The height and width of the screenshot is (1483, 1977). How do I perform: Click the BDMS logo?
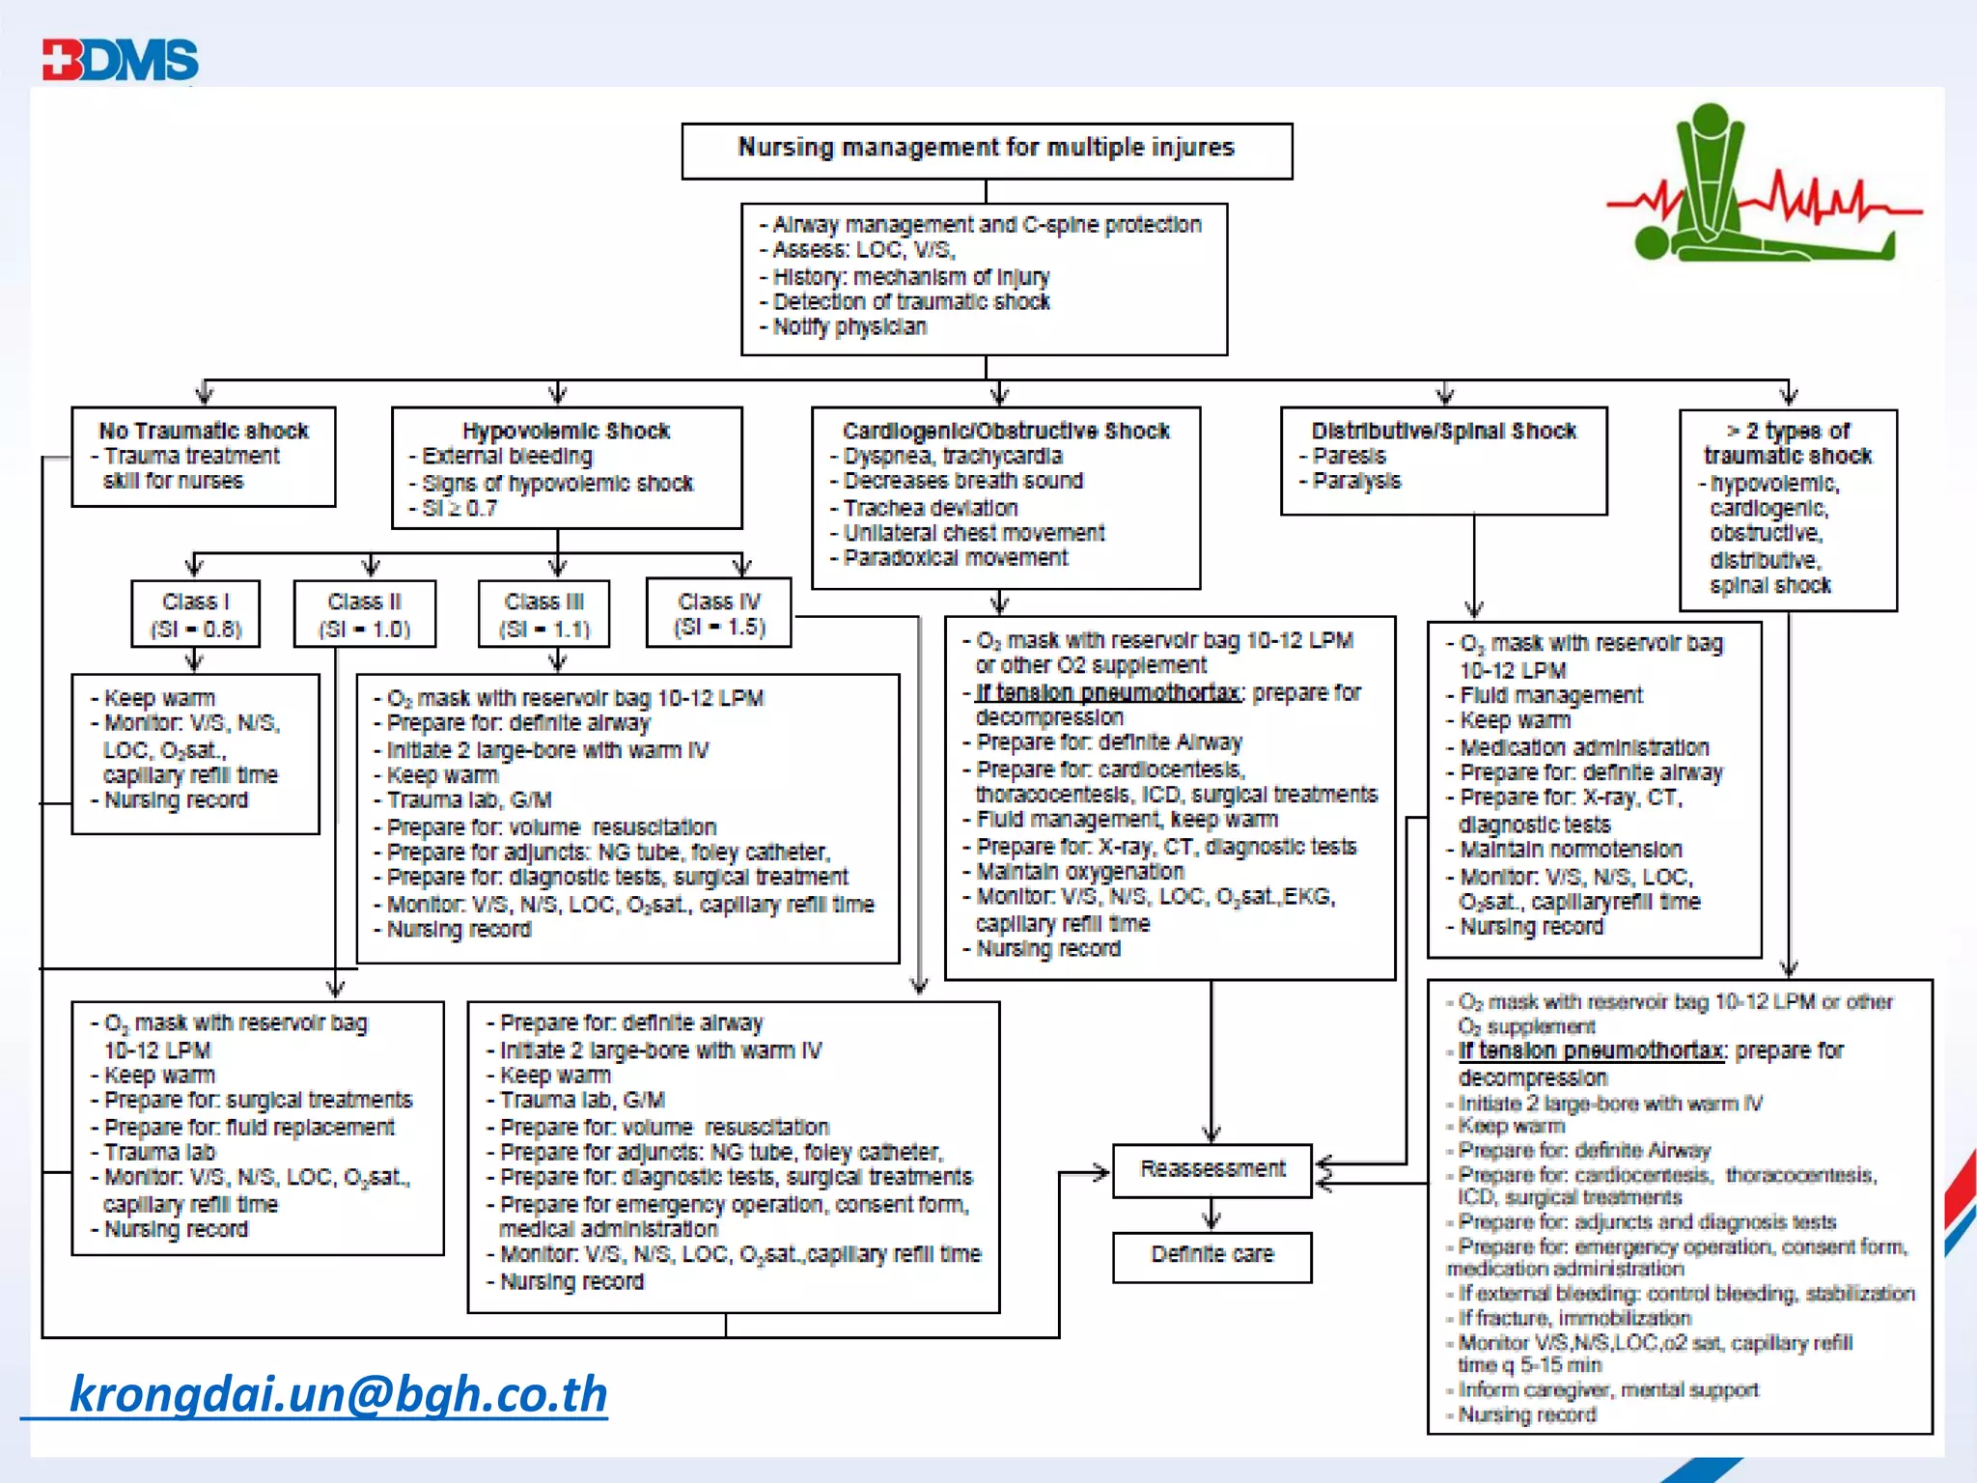tap(121, 60)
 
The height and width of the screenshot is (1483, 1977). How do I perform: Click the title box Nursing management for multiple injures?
tap(986, 150)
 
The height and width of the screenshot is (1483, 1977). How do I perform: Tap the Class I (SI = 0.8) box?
tap(195, 614)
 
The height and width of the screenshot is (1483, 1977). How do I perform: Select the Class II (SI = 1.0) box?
tap(364, 614)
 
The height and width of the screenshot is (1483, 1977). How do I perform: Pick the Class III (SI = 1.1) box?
tap(543, 614)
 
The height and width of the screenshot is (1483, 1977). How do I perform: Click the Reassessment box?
tap(1211, 1169)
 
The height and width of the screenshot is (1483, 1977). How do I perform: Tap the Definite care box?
tap(1211, 1255)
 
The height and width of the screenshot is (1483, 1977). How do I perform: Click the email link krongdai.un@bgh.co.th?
tap(338, 1394)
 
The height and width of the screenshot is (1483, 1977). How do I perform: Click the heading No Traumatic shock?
tap(204, 431)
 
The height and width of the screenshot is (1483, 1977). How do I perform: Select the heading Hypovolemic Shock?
tap(566, 431)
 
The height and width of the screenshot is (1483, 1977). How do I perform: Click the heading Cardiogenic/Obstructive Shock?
tap(1006, 431)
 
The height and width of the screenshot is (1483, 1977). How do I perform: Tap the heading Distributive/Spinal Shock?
tap(1443, 431)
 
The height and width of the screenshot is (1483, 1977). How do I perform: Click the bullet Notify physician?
tap(849, 327)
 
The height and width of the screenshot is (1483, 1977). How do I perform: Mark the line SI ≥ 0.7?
tap(460, 508)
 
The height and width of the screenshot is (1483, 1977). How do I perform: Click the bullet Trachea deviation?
tap(931, 508)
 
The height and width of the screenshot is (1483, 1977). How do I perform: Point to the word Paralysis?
tap(1356, 481)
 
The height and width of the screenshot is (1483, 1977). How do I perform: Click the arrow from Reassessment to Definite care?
tap(1211, 1215)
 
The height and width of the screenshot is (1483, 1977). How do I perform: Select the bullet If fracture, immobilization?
tap(1573, 1318)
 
